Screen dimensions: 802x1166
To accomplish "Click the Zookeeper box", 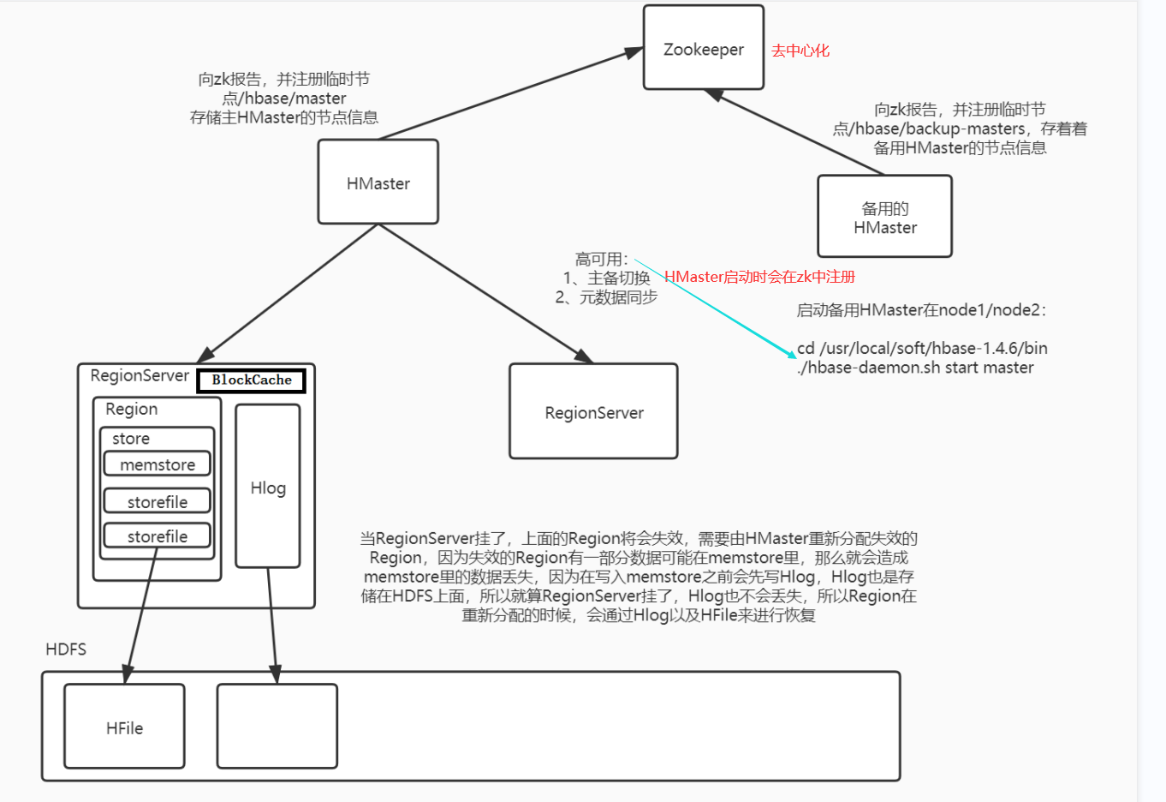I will tap(703, 48).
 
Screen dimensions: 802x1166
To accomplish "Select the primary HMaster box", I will tap(378, 183).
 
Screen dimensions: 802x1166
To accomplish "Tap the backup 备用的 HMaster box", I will tap(884, 217).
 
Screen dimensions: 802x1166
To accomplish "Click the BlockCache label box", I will tap(252, 380).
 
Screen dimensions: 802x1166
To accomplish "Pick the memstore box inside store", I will tap(158, 464).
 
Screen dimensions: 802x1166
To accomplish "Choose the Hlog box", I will tap(267, 487).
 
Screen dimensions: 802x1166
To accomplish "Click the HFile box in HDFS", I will tap(124, 727).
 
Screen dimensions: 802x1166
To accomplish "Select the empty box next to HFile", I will tap(277, 727).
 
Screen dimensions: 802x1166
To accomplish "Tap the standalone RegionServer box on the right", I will tap(593, 412).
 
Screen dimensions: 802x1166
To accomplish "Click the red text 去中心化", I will tap(800, 51).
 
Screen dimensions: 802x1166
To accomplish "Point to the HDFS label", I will tap(66, 649).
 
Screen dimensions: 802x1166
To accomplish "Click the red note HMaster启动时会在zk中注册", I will tap(760, 277).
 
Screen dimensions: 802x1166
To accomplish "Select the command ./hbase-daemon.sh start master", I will tap(915, 368).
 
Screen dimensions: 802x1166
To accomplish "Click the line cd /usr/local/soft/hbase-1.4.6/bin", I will tap(922, 348).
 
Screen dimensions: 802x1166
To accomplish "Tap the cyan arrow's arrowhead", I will tap(791, 353).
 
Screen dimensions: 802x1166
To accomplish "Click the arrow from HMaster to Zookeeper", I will tap(511, 93).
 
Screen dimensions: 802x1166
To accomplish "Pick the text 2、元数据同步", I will tap(606, 297).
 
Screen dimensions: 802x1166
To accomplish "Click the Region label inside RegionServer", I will tap(131, 409).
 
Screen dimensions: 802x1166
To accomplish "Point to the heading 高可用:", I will tap(601, 259).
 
